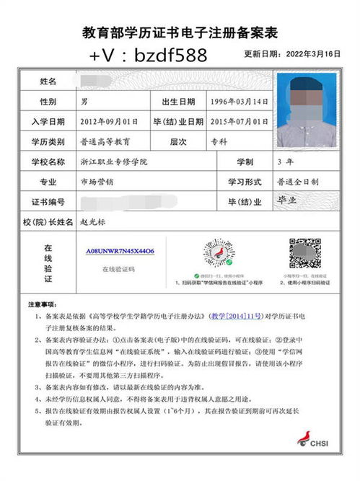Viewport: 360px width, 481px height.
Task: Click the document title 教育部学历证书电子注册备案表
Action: [180, 33]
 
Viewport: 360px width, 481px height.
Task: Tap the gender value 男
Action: [84, 102]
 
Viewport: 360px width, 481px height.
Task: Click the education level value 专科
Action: [217, 142]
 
